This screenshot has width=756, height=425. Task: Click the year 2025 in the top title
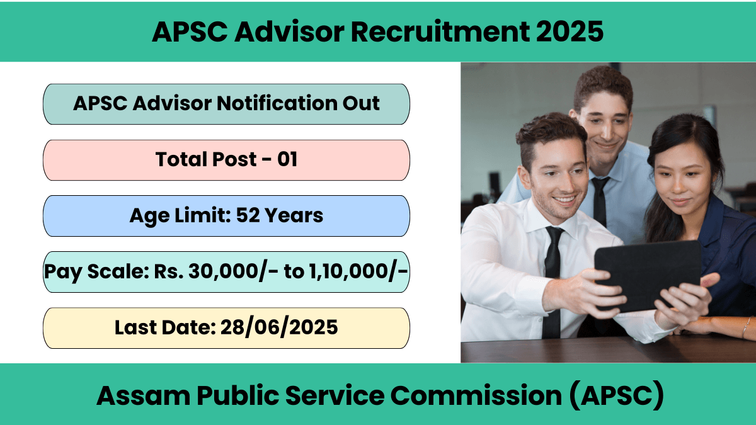[x=570, y=31]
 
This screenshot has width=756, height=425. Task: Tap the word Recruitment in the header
[x=440, y=31]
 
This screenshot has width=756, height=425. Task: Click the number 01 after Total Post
[x=287, y=159]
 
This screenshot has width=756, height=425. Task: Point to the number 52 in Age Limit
[x=248, y=215]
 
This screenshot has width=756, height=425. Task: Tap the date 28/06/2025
[x=278, y=327]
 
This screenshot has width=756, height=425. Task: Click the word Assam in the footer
[x=144, y=395]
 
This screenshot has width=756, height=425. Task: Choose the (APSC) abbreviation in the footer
[x=616, y=395]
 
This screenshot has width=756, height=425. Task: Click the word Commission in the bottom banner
[x=476, y=395]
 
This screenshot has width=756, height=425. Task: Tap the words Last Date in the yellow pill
[x=165, y=327]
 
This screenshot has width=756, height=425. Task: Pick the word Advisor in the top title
[x=289, y=31]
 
